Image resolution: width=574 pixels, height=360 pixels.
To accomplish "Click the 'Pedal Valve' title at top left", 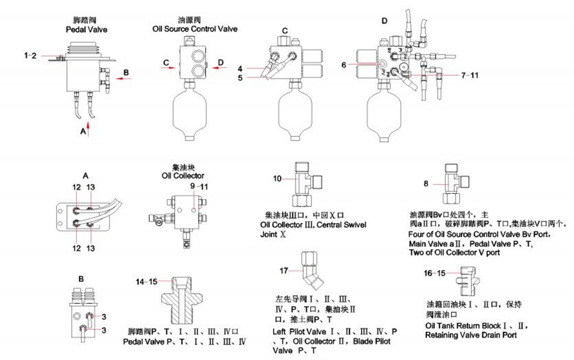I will [x=86, y=29].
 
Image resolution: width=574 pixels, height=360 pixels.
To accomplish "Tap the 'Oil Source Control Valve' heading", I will [x=195, y=29].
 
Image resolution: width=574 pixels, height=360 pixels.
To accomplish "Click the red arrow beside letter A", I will [x=87, y=130].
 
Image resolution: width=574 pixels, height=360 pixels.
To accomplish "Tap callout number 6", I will [x=344, y=64].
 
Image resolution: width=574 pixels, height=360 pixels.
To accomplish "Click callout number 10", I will [x=278, y=178].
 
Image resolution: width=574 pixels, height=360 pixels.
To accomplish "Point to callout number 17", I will [x=284, y=270].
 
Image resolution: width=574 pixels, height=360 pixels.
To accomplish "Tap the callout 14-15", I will [x=146, y=281].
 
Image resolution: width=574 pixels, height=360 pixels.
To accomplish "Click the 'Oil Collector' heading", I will [x=183, y=175].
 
